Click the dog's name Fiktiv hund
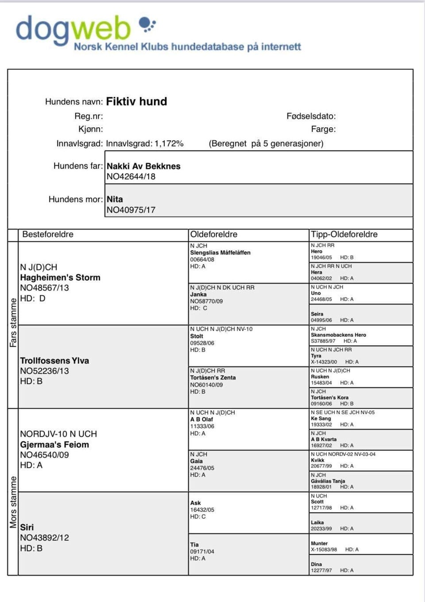(x=136, y=102)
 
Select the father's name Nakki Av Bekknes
(x=143, y=166)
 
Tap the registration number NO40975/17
(x=131, y=210)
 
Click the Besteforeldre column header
(x=48, y=234)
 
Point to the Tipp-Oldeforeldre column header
(x=344, y=234)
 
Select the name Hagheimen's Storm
(x=60, y=278)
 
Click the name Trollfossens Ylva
(x=54, y=361)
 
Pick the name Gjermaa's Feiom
(x=54, y=445)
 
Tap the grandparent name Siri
(x=27, y=527)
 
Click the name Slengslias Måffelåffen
(x=220, y=253)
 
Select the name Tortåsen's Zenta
(x=213, y=378)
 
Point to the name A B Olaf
(x=201, y=419)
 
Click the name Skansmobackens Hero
(x=338, y=335)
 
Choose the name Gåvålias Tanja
(x=328, y=481)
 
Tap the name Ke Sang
(x=321, y=419)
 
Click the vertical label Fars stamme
(x=13, y=323)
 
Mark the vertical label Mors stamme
(x=13, y=502)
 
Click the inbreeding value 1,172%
(x=169, y=144)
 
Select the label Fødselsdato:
(x=311, y=116)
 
